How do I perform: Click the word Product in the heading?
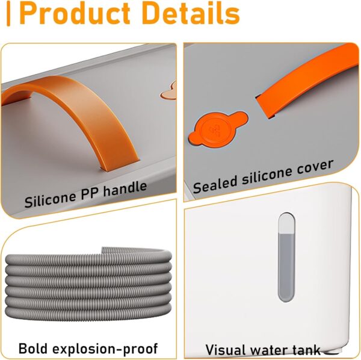(x=75, y=13)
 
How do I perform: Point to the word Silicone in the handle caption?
(x=50, y=199)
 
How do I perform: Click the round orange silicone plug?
(x=218, y=130)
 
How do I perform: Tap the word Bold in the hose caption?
(x=33, y=348)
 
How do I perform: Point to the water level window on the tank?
(x=286, y=257)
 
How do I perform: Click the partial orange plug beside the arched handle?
(x=169, y=92)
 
